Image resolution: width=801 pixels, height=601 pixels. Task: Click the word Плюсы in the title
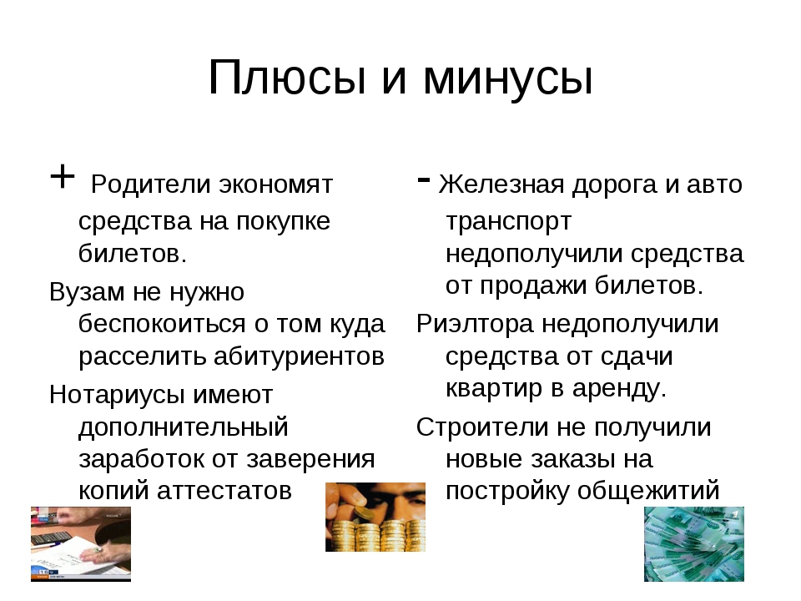pyautogui.click(x=287, y=77)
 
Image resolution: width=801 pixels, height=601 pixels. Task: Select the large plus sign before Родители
pyautogui.click(x=63, y=177)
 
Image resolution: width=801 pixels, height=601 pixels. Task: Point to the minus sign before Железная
pyautogui.click(x=424, y=179)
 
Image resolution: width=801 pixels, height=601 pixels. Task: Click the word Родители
pyautogui.click(x=151, y=184)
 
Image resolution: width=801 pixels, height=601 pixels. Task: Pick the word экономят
pyautogui.click(x=276, y=185)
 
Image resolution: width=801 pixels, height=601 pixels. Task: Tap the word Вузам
pyautogui.click(x=87, y=292)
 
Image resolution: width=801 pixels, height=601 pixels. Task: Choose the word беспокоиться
pyautogui.click(x=162, y=324)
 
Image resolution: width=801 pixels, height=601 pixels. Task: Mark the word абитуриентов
pyautogui.click(x=300, y=356)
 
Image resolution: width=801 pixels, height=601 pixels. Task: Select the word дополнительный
pyautogui.click(x=184, y=427)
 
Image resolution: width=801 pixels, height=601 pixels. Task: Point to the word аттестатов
pyautogui.click(x=224, y=491)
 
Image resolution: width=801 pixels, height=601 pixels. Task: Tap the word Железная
pyautogui.click(x=501, y=184)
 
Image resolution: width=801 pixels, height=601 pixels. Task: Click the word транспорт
pyautogui.click(x=508, y=222)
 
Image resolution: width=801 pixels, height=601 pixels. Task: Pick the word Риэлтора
pyautogui.click(x=475, y=325)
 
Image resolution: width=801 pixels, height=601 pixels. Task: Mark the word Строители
pyautogui.click(x=486, y=427)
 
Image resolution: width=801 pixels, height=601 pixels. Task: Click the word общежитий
pyautogui.click(x=648, y=491)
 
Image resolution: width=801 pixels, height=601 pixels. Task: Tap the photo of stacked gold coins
pyautogui.click(x=375, y=518)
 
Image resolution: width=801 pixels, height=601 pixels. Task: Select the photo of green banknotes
pyautogui.click(x=694, y=544)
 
